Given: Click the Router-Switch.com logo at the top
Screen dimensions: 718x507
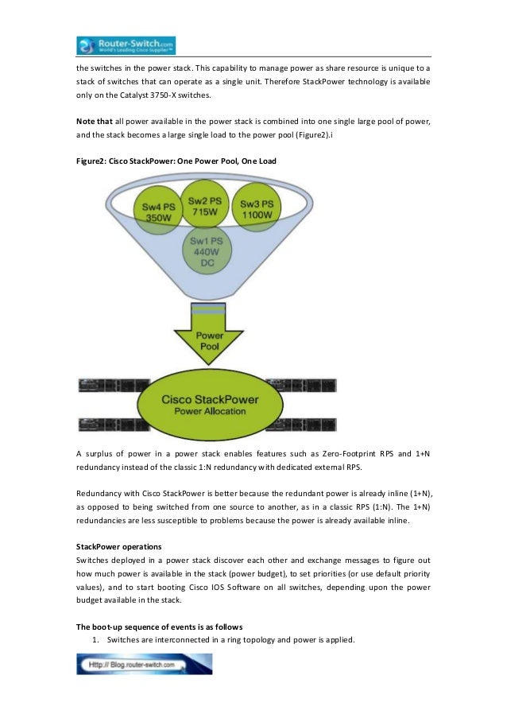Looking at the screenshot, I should (x=126, y=44).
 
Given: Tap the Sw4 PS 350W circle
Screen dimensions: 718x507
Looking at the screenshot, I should (x=158, y=212).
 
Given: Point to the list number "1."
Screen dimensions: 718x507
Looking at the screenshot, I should (x=98, y=640).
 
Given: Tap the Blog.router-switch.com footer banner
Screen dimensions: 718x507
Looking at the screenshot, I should (x=144, y=664).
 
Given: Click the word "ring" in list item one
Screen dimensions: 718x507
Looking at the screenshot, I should (x=226, y=640).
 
